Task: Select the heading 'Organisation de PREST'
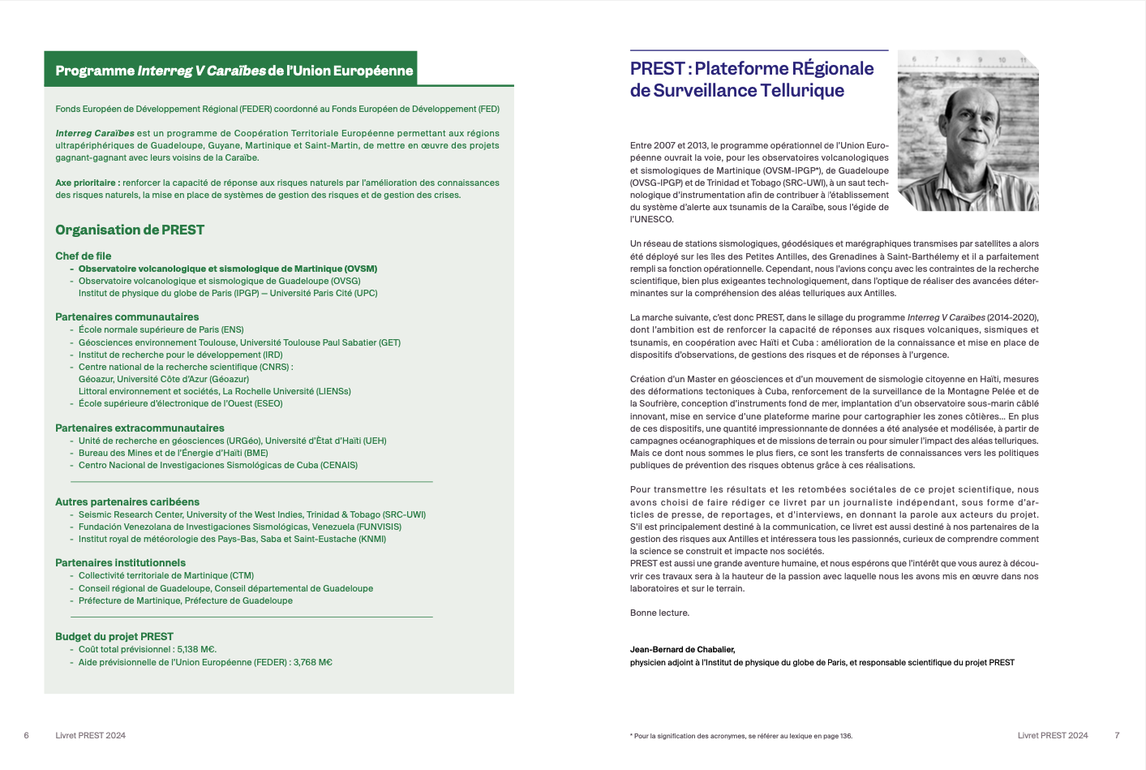pos(130,230)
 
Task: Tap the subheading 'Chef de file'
pos(84,256)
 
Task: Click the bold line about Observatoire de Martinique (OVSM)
pos(227,269)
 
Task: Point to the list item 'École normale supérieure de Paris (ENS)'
pos(161,329)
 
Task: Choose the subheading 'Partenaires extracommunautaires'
pos(139,428)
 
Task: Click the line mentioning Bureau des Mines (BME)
pos(173,453)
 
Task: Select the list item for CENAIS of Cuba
pos(217,465)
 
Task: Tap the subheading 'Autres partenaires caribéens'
pos(127,501)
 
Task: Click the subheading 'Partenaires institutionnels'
pos(120,562)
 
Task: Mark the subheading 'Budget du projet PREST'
pos(114,636)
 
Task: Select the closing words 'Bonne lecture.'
pos(659,613)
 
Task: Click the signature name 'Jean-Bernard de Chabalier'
pos(682,649)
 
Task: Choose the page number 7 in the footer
pos(1117,735)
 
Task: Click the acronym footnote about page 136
pos(742,736)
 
